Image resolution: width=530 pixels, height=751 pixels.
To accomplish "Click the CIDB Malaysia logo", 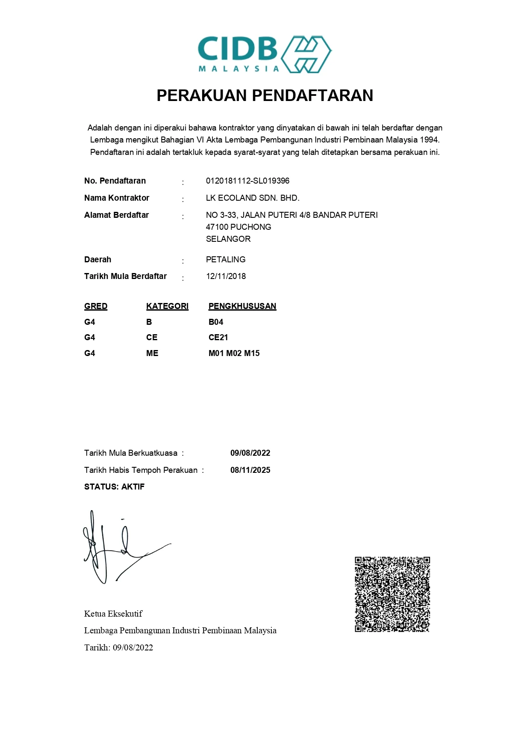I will point(265,54).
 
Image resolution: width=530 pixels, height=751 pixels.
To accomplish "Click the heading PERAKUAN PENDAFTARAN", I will point(265,95).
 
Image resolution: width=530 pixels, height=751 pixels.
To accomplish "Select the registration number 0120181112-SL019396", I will point(247,181).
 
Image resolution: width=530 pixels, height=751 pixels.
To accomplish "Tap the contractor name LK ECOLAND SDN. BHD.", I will point(253,198).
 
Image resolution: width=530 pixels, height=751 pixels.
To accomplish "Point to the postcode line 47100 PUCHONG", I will point(238,227).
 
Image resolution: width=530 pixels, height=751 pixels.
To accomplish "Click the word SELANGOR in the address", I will point(228,239).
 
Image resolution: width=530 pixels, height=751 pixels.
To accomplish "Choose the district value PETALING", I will point(226,260).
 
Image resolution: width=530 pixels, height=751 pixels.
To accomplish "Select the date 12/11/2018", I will point(226,276).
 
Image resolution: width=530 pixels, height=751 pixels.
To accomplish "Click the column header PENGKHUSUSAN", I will point(242,306).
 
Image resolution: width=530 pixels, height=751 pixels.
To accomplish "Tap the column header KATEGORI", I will point(167,306).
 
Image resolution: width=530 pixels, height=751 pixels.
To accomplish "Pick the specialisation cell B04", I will point(216,322).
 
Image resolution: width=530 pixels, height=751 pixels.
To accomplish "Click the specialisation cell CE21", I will point(218,338).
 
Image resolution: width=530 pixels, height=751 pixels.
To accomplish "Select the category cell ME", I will point(152,353).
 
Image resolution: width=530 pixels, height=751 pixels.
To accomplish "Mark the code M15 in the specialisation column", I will point(252,353).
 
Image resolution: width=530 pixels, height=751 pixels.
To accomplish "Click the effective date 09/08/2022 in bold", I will point(250,453).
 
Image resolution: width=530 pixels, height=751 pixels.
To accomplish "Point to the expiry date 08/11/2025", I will point(250,470).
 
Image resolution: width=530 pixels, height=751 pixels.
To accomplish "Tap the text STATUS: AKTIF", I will point(114,487).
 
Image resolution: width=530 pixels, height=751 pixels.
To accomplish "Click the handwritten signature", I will point(120,548).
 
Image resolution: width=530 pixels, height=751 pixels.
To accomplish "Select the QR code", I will point(392,594).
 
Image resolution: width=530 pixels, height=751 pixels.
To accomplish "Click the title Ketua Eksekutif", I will point(113,614).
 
